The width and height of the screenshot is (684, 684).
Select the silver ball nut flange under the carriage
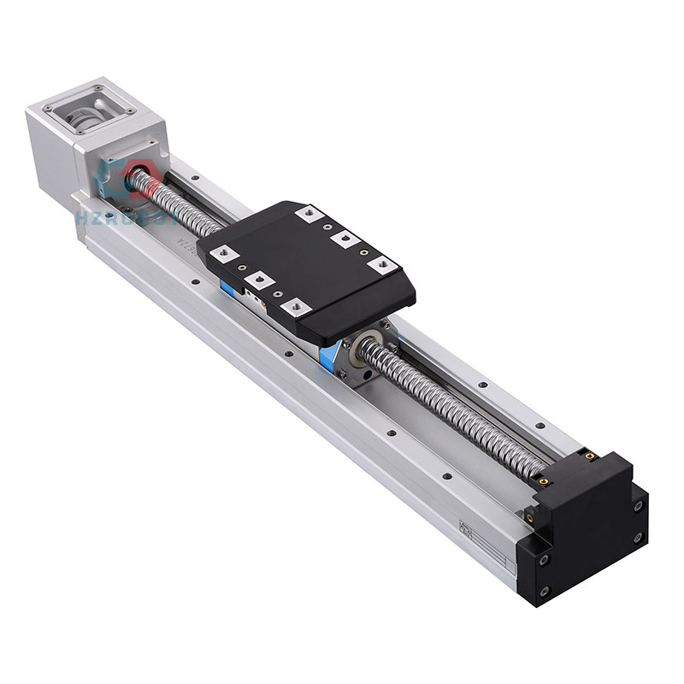359,359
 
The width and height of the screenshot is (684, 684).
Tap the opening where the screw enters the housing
135,178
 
